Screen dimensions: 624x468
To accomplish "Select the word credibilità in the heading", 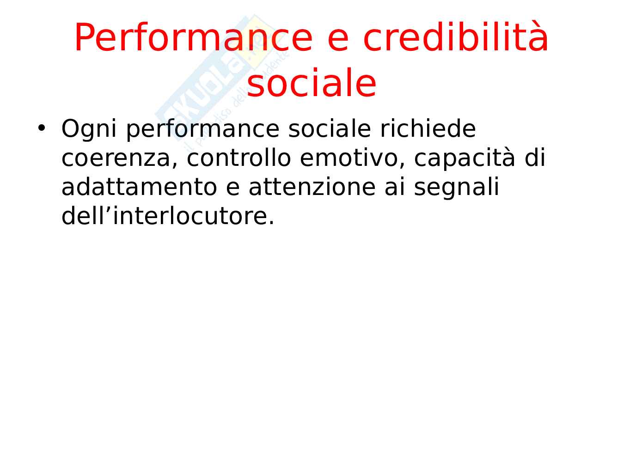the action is (455, 37).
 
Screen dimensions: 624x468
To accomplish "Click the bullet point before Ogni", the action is (42, 128).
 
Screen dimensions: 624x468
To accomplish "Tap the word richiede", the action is (428, 128).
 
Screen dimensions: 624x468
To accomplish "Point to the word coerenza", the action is (119, 158).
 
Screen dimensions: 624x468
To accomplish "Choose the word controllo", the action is (239, 157).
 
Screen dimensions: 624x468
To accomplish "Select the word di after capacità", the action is (535, 157).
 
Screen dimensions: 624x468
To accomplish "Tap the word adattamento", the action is (139, 186).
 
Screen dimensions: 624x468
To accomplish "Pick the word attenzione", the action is (312, 186).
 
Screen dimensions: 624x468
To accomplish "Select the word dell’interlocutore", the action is (168, 215).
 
